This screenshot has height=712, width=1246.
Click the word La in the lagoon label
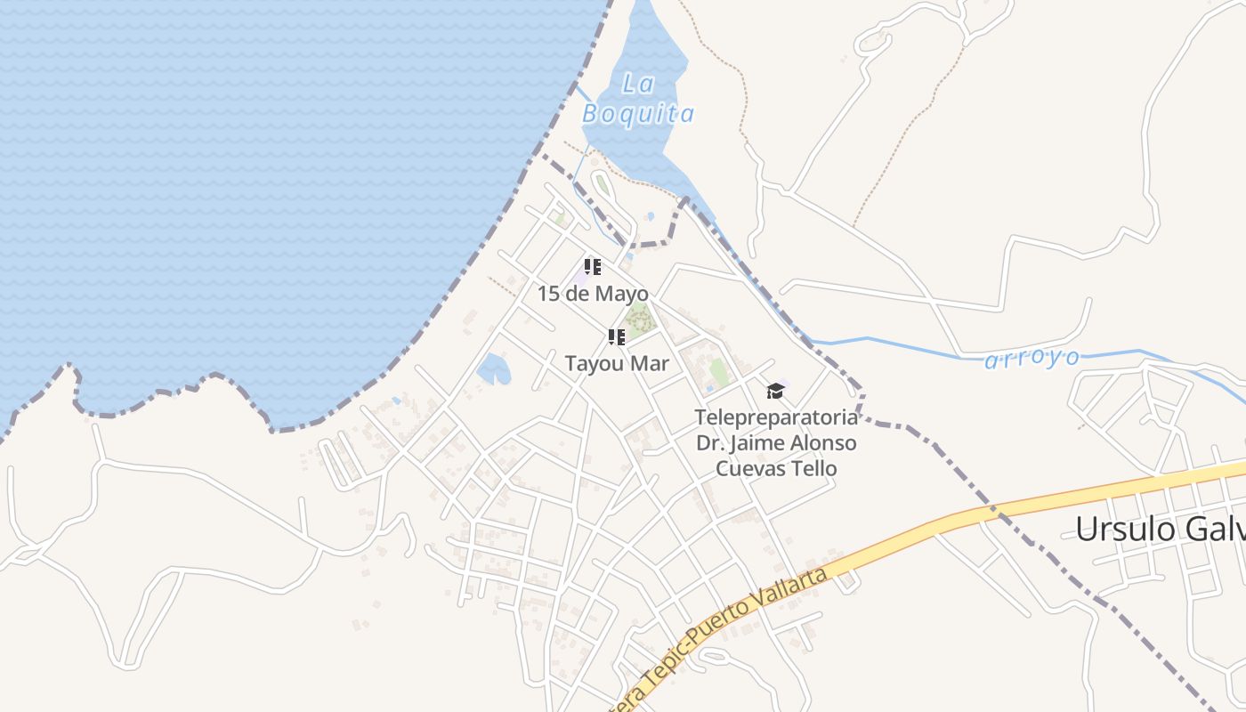(x=638, y=85)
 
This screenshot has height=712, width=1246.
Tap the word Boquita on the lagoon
(x=638, y=114)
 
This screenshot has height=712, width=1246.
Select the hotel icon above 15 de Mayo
(x=593, y=266)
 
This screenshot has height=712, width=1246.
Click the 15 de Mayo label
(x=593, y=294)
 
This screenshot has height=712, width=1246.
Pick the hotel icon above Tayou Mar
(x=616, y=336)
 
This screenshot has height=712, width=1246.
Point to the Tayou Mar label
(x=617, y=363)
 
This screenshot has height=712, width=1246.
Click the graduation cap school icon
(x=776, y=391)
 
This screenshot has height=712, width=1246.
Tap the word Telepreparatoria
(x=776, y=417)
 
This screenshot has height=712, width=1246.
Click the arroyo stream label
(x=1032, y=359)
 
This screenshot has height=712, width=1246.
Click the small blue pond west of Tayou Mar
(x=493, y=368)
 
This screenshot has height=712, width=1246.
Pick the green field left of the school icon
(x=719, y=373)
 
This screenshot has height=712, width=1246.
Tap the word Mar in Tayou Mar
(x=650, y=363)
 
